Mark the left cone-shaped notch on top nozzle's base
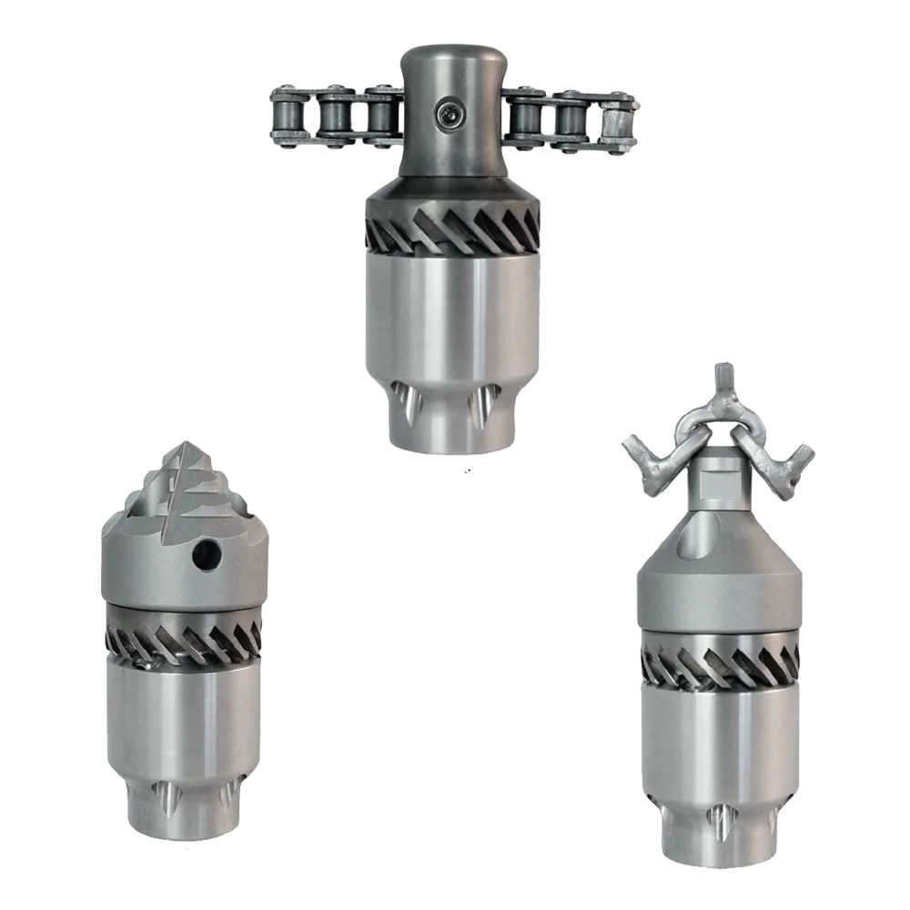[x=406, y=401]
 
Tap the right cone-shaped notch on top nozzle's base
[x=480, y=406]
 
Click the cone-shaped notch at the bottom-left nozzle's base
[x=167, y=797]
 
